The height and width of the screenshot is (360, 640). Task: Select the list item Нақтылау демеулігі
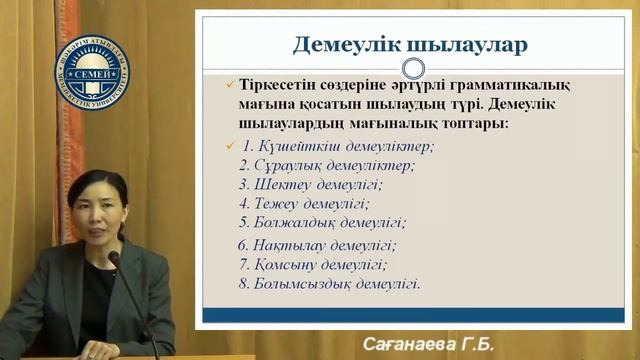click(317, 245)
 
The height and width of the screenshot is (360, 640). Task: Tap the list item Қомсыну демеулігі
click(312, 265)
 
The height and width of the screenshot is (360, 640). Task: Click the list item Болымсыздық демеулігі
click(328, 284)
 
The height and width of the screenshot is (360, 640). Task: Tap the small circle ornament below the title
click(411, 68)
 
